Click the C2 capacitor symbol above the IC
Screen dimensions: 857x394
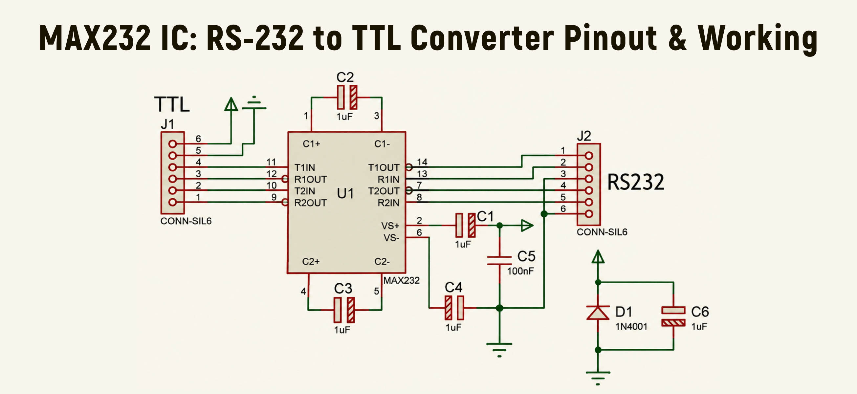[347, 97]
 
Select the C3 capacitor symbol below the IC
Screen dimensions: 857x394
[344, 310]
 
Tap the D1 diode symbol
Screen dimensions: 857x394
[598, 313]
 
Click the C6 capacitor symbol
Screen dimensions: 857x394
[673, 316]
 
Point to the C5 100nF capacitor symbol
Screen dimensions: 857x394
[499, 261]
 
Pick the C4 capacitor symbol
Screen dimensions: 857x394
[454, 308]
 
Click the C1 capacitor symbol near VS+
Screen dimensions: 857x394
[465, 225]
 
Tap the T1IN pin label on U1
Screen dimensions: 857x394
[304, 167]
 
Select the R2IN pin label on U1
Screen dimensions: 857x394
[388, 203]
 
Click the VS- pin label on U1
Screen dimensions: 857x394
[391, 238]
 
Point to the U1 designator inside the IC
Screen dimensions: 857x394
[345, 193]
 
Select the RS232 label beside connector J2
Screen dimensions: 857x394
[635, 182]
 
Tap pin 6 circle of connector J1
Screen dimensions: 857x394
[172, 144]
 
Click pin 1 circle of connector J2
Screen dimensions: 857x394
[589, 155]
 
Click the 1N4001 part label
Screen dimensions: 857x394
[631, 326]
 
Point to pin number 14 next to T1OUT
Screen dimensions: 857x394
[422, 162]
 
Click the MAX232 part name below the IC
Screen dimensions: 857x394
[401, 280]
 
